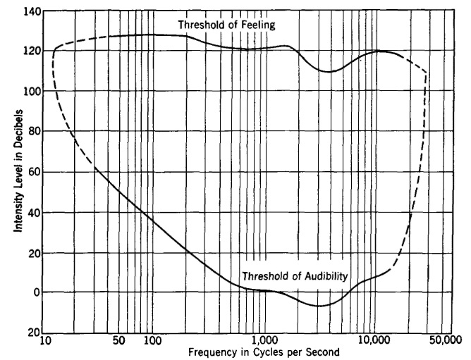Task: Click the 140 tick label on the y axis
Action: tap(32, 11)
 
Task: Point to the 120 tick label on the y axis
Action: tap(32, 51)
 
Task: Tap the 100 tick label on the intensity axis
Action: tap(32, 92)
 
